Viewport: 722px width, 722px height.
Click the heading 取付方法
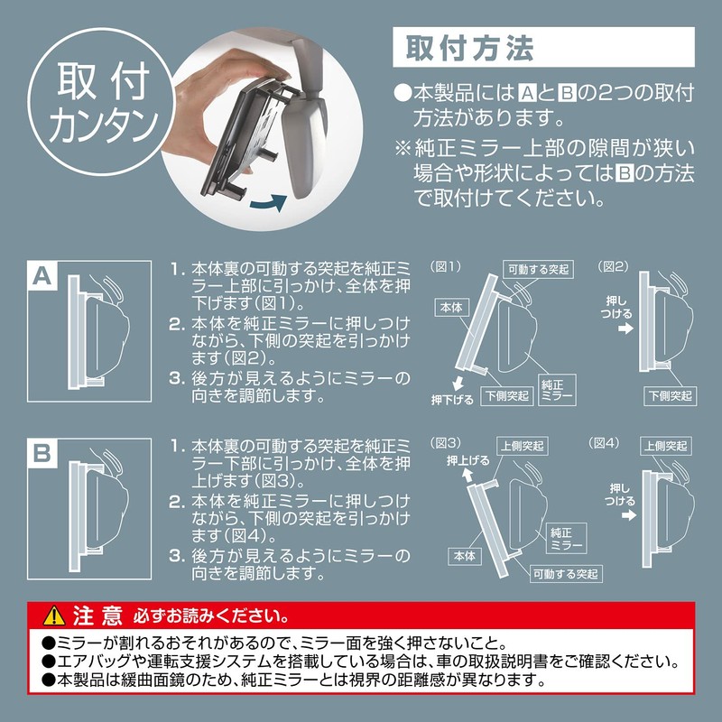click(x=459, y=47)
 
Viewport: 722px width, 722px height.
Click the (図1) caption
click(x=448, y=267)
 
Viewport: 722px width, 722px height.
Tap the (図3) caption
click(x=448, y=442)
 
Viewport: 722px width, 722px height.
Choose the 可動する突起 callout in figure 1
click(x=538, y=269)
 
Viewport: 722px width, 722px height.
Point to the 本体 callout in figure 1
click(x=452, y=307)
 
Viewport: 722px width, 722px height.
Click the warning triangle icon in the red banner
click(x=49, y=617)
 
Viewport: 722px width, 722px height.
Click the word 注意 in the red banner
click(x=96, y=617)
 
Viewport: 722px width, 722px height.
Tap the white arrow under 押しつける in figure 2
click(x=624, y=330)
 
